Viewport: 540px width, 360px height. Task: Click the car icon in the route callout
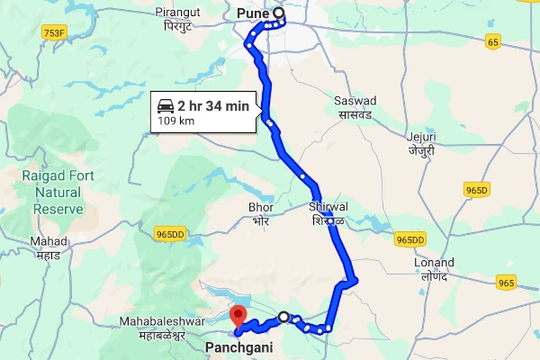[x=165, y=105]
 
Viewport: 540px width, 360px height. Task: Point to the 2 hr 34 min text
[x=213, y=106]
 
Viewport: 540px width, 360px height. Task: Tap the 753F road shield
[x=54, y=33]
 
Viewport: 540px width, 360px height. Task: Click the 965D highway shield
[x=477, y=190]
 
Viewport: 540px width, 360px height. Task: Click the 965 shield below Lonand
[x=506, y=283]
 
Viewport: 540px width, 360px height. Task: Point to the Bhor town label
[x=260, y=212]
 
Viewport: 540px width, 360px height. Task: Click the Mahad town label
[x=48, y=247]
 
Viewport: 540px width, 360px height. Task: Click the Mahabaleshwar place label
[x=165, y=328]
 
